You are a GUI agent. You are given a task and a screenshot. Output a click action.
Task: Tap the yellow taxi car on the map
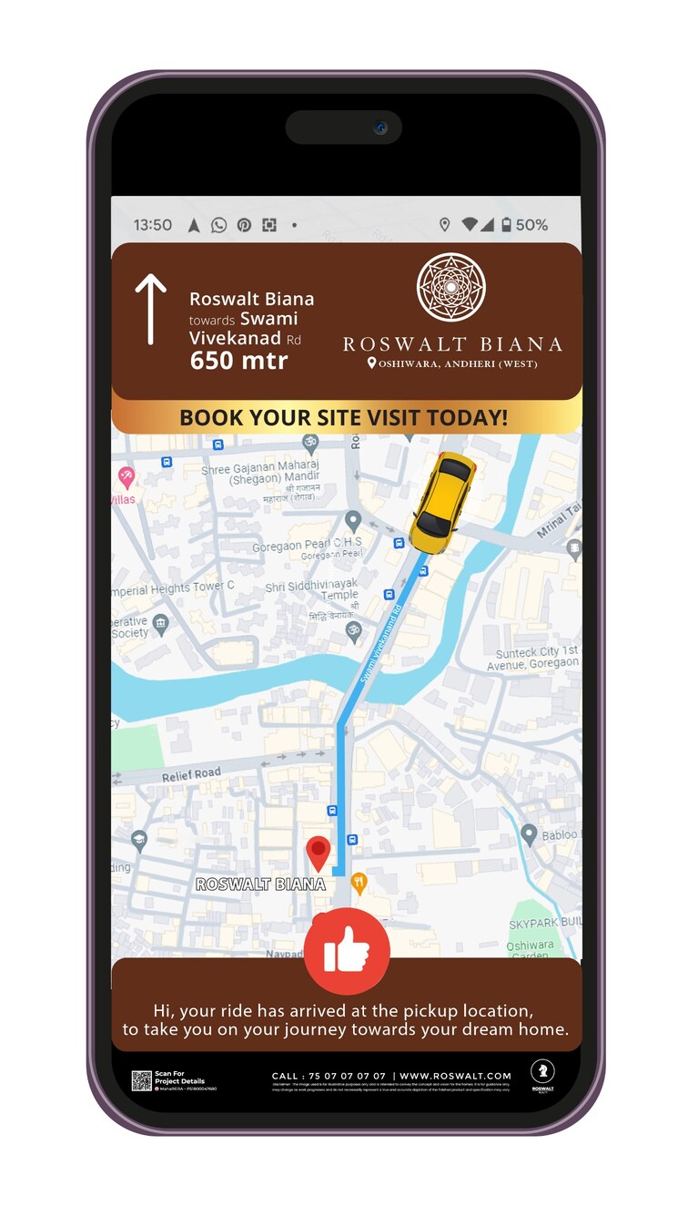point(443,502)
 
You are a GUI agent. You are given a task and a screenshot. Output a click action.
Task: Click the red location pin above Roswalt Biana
point(318,853)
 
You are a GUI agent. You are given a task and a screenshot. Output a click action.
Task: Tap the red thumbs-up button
point(347,951)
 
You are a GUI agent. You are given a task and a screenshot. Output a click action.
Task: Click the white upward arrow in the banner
point(151,310)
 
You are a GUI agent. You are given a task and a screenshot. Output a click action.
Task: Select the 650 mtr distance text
point(238,361)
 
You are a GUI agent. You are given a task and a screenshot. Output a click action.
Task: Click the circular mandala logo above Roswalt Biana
point(450,288)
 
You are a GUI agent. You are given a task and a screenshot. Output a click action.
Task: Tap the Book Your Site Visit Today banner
point(344,418)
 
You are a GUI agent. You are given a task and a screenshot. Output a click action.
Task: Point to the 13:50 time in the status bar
point(152,225)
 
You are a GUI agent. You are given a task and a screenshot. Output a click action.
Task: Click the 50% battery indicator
point(524,225)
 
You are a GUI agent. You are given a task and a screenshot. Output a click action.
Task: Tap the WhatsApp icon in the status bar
point(218,225)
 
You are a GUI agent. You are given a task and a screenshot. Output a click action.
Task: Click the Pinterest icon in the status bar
point(244,225)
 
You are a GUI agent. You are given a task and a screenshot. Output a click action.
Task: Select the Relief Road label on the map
point(191,775)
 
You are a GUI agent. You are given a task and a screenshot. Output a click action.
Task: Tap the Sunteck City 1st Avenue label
point(536,659)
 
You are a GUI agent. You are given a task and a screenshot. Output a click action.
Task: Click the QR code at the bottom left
point(141,1080)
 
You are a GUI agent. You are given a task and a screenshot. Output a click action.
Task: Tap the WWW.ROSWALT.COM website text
point(455,1076)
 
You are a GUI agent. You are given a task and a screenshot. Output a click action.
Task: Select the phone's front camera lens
point(379,128)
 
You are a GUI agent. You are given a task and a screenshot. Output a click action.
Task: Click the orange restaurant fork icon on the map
point(359,881)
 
